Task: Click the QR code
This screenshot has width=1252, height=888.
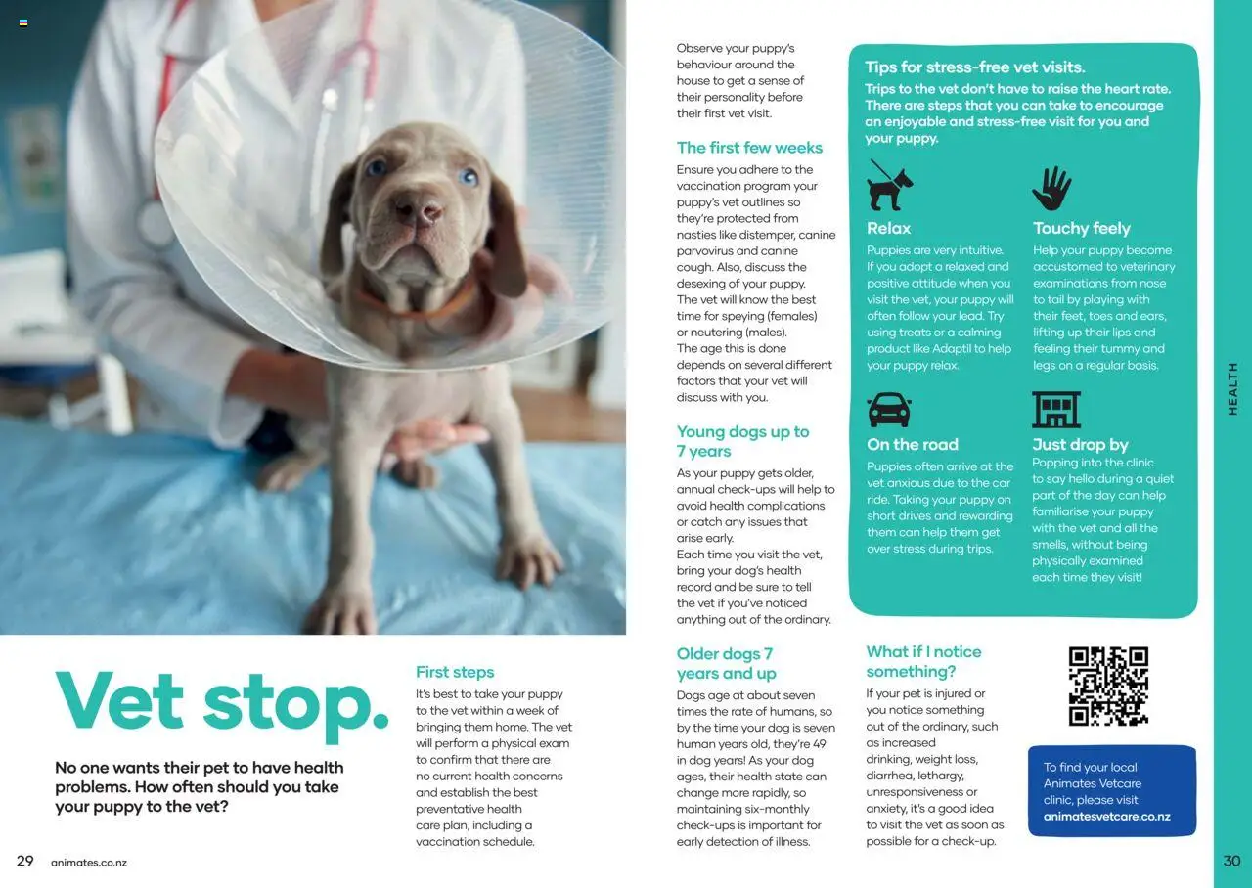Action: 1108,686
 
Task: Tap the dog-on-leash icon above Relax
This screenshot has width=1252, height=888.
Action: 890,186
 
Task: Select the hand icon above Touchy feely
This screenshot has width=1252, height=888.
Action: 1051,188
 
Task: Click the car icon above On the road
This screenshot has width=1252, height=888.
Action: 889,410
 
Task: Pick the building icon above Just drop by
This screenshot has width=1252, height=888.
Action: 1056,410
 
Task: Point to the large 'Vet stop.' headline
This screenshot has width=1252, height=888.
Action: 222,700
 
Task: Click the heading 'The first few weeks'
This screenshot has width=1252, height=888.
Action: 749,148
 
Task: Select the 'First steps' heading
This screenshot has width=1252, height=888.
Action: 455,672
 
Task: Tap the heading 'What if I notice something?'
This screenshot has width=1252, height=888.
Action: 922,661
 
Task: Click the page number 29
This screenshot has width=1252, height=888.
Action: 25,861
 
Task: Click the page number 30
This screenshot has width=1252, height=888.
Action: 1231,861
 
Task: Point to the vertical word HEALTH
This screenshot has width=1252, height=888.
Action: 1232,388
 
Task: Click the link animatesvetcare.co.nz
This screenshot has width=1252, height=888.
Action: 1106,817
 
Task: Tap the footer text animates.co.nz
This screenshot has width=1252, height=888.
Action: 89,863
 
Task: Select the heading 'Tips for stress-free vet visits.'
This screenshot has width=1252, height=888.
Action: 974,67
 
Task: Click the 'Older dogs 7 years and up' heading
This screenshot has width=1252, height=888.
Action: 726,663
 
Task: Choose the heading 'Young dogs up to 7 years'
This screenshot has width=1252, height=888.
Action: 742,441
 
